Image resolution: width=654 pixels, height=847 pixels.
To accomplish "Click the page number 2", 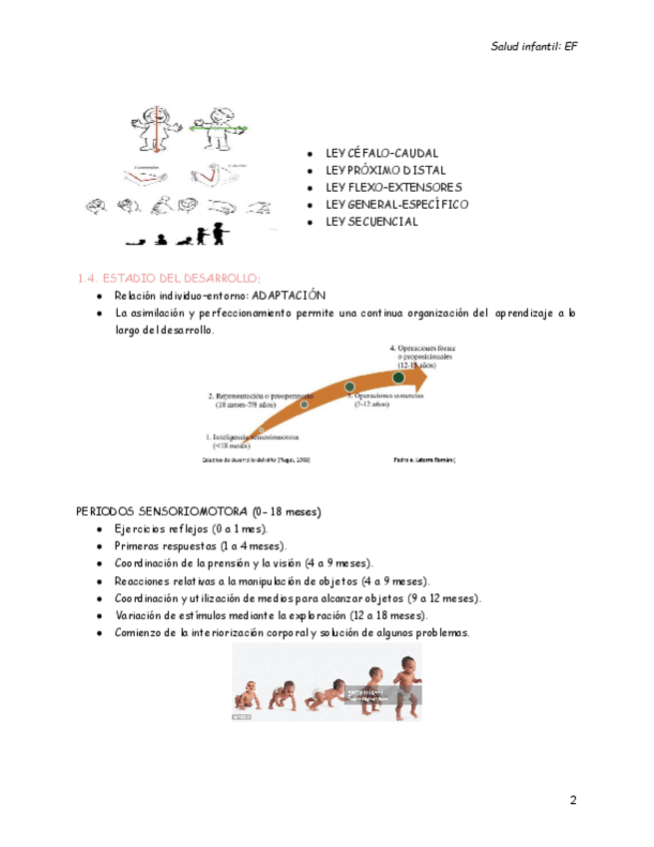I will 573,799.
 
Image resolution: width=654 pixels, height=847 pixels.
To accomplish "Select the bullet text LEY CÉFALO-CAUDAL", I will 380,154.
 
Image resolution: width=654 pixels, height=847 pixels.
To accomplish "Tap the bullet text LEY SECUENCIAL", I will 371,222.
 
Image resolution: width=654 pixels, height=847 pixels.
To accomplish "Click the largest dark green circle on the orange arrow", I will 398,378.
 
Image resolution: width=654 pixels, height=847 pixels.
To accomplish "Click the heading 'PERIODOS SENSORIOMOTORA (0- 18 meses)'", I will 199,511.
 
